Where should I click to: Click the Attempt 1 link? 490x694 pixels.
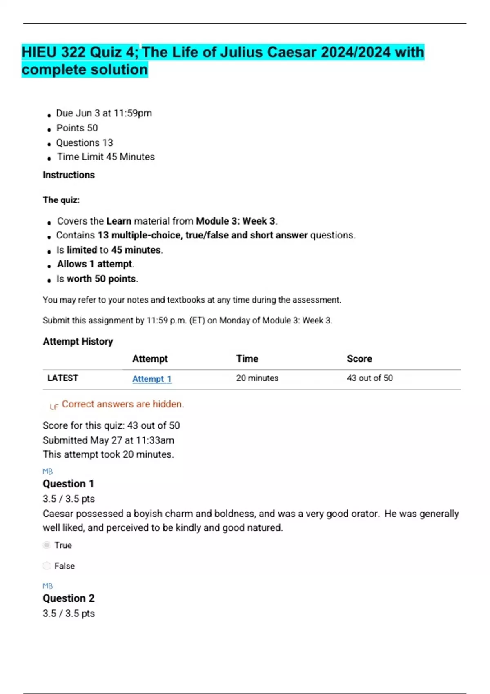point(152,379)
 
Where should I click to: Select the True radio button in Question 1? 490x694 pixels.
point(47,545)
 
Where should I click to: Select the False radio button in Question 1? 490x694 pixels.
point(47,566)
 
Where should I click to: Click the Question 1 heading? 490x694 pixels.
point(68,484)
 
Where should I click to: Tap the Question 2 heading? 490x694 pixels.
point(68,598)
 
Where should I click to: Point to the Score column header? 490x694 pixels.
point(359,359)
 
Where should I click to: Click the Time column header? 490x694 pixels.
point(247,359)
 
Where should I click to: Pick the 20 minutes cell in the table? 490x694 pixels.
point(257,378)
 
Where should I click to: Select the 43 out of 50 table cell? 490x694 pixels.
point(370,378)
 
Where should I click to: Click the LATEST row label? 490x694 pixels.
point(62,378)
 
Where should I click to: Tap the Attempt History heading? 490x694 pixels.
point(78,342)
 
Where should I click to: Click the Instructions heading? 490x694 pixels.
point(69,175)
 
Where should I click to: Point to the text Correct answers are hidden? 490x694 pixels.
point(123,404)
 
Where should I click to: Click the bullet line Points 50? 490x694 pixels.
point(77,128)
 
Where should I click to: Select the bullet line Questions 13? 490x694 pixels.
point(85,143)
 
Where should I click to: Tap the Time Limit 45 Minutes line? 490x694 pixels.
point(106,157)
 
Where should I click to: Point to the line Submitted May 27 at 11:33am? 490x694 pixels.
point(108,440)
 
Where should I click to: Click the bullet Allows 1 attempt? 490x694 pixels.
point(96,264)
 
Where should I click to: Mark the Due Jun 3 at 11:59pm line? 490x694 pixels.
point(104,113)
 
